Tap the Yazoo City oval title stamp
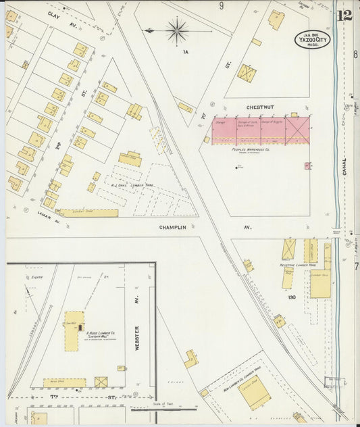click(x=312, y=39)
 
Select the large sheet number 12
click(x=345, y=15)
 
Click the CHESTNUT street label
click(x=258, y=107)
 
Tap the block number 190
click(x=292, y=297)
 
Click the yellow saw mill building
click(x=74, y=330)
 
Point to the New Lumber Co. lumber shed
click(x=255, y=391)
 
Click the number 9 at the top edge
click(x=221, y=6)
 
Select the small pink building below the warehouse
click(x=307, y=165)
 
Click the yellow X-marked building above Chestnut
click(x=247, y=73)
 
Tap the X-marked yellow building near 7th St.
click(x=101, y=382)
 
